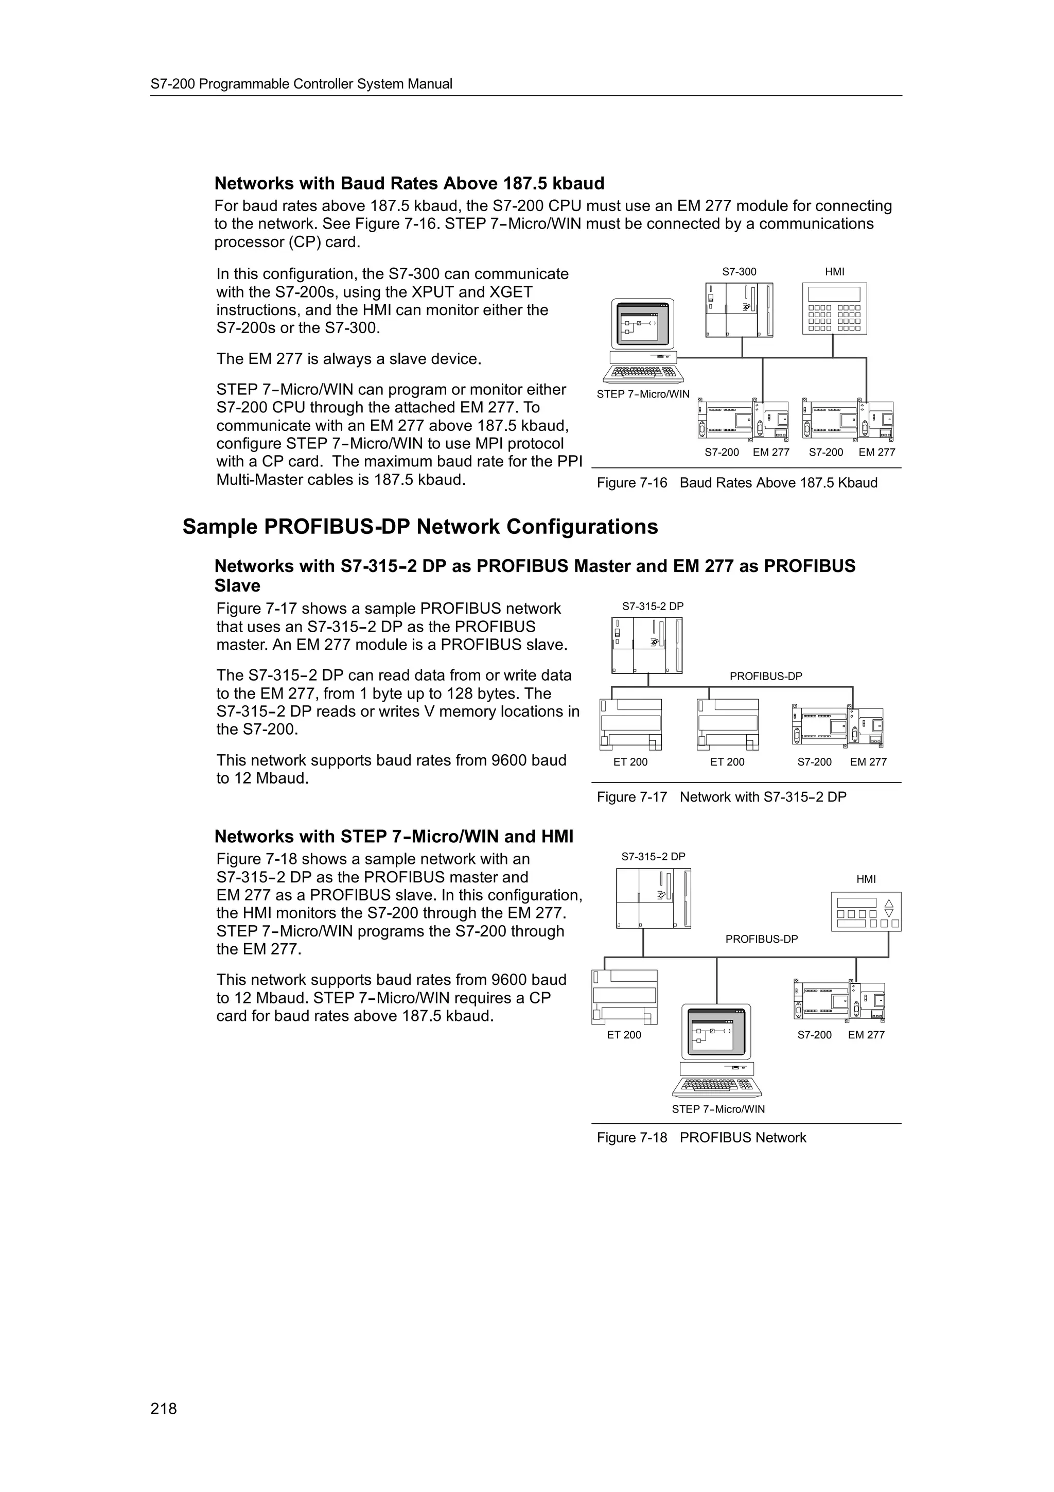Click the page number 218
click(x=163, y=1409)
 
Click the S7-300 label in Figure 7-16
click(x=739, y=272)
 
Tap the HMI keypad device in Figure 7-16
click(x=834, y=309)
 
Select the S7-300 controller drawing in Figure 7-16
click(x=739, y=310)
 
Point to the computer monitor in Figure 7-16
click(x=643, y=324)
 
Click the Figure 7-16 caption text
click(x=737, y=483)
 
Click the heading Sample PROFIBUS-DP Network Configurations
click(x=419, y=526)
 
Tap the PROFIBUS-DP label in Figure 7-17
click(x=766, y=676)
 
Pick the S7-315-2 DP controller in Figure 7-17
click(x=647, y=645)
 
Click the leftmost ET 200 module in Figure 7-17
click(x=630, y=724)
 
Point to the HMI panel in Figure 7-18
click(x=866, y=912)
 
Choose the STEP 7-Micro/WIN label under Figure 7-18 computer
click(x=718, y=1109)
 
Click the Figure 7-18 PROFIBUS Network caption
click(x=701, y=1138)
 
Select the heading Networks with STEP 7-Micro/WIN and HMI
click(x=394, y=836)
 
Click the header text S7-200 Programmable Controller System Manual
click(x=302, y=84)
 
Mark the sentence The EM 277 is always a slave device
click(x=349, y=359)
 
